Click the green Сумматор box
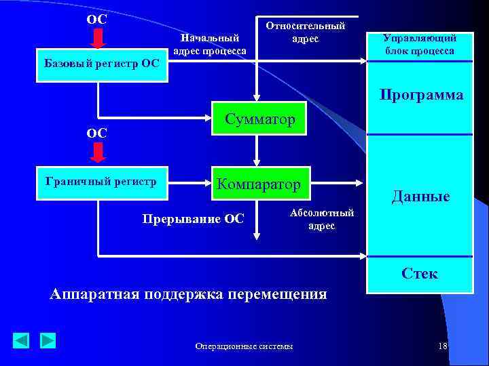tap(260, 120)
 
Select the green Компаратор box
tap(260, 183)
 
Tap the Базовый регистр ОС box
tap(101, 64)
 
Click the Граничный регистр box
tap(101, 182)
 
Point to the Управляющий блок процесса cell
tap(419, 45)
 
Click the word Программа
tap(422, 95)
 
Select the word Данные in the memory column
tap(420, 197)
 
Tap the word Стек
tap(419, 274)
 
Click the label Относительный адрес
tap(305, 32)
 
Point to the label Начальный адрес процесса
tap(210, 44)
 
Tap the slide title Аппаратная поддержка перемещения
tap(189, 295)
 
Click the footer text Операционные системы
tap(244, 346)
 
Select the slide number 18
tap(443, 346)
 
